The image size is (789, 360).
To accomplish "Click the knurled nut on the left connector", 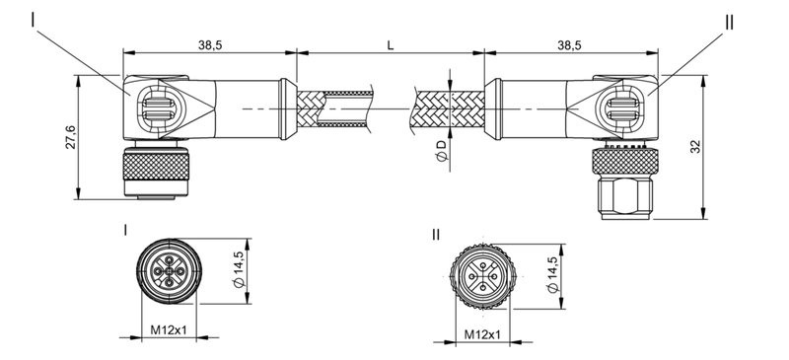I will coord(153,171).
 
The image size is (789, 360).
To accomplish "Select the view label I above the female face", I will coord(126,230).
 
